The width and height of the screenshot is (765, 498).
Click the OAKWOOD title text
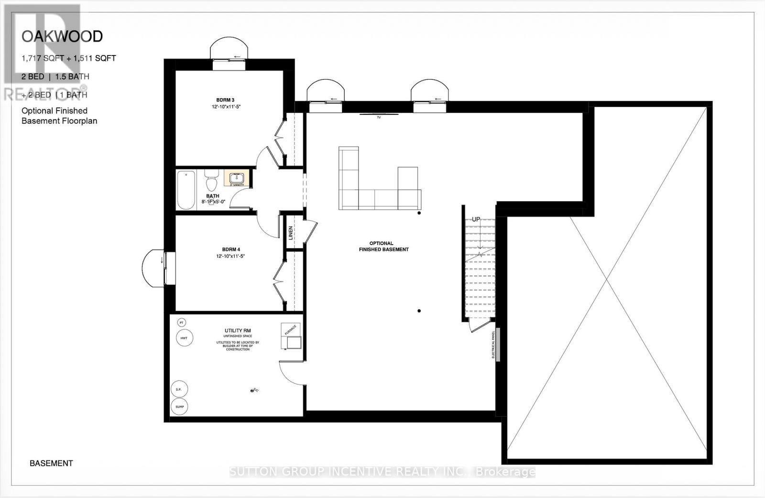coord(62,36)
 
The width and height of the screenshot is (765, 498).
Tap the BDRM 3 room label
coord(226,100)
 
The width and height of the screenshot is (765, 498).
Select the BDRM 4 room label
coord(230,249)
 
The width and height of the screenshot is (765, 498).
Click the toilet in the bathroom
coord(211,182)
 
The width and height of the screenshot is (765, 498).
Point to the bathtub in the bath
coord(186,190)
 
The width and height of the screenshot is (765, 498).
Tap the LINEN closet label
coord(290,233)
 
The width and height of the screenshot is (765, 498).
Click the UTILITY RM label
coord(238,331)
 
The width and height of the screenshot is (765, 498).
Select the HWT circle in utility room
coord(184,338)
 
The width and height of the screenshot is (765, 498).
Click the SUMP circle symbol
coord(179,407)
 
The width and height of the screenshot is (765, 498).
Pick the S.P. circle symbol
coord(179,389)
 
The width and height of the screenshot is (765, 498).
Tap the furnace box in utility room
coord(291,336)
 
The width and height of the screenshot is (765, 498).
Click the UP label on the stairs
coord(476,219)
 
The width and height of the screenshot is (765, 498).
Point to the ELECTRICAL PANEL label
coord(493,345)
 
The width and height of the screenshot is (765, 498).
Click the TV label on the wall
coord(379,117)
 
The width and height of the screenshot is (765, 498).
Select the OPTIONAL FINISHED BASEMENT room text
coord(383,246)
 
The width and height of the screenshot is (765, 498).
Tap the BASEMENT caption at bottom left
coord(51,463)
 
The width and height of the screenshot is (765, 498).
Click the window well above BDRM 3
coord(230,49)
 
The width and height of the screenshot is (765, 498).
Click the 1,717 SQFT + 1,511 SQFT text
coord(68,58)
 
